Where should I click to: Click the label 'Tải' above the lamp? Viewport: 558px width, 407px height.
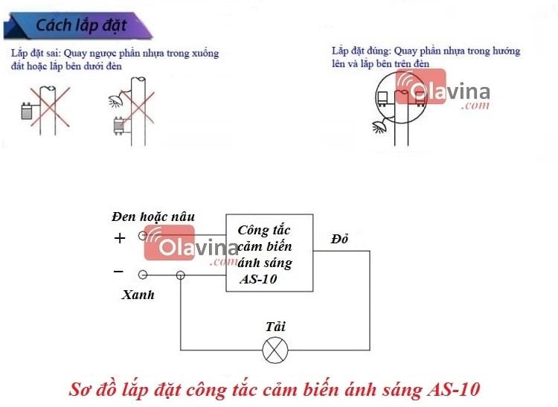[275, 327]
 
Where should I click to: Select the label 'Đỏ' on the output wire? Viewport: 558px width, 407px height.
[340, 238]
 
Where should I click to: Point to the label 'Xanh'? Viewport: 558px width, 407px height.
[138, 295]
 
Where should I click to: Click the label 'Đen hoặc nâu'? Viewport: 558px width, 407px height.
[153, 217]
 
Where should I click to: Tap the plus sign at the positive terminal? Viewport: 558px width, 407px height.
[120, 238]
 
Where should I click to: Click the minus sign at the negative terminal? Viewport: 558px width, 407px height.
[119, 272]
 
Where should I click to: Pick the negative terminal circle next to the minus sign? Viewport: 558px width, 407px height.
[143, 275]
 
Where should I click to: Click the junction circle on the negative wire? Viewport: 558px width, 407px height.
[180, 275]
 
